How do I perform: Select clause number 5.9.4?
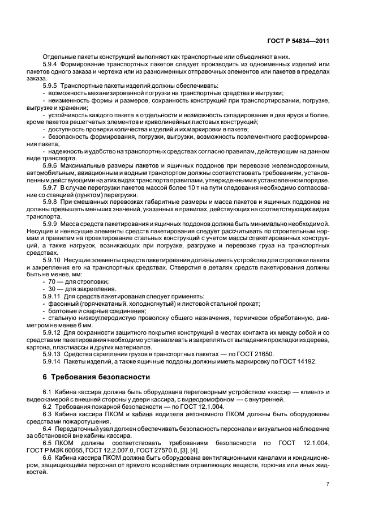click(x=51, y=64)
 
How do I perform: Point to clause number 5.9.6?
click(x=51, y=165)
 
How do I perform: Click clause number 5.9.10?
click(x=53, y=259)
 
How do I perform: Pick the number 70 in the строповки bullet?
click(x=51, y=281)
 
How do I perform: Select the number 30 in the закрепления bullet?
click(x=51, y=289)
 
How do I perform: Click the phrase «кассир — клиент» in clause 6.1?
click(x=294, y=392)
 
